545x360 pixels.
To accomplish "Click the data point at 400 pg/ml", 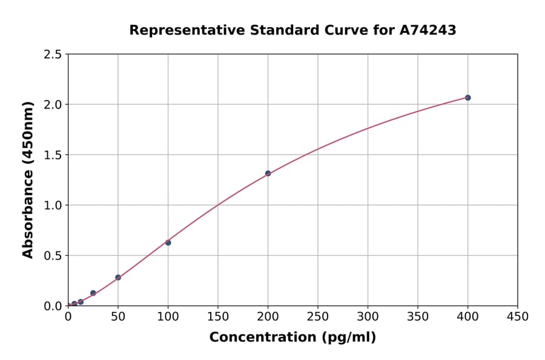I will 467,98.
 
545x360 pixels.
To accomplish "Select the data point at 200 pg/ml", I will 268,173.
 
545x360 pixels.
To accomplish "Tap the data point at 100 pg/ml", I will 168,242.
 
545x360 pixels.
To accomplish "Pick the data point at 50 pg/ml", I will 118,278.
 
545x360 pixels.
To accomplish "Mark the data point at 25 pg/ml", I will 93,293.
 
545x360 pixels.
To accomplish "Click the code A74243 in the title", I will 428,30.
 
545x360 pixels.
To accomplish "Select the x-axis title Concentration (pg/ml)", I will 292,338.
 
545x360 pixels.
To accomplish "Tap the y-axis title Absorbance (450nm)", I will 28,180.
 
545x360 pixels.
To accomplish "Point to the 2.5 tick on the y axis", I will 53,55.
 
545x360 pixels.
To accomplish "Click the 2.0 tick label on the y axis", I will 53,105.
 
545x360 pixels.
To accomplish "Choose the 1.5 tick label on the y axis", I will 53,155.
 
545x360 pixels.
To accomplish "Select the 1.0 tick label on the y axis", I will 53,205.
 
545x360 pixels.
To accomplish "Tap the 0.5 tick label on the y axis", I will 53,256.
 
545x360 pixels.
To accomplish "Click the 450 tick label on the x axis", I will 518,316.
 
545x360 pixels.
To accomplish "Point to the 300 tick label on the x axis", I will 368,316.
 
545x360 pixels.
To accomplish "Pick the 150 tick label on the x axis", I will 218,316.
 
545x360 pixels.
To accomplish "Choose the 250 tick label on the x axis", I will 318,316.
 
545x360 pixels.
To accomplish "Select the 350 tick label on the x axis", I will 418,316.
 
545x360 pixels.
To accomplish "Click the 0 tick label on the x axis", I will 68,316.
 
